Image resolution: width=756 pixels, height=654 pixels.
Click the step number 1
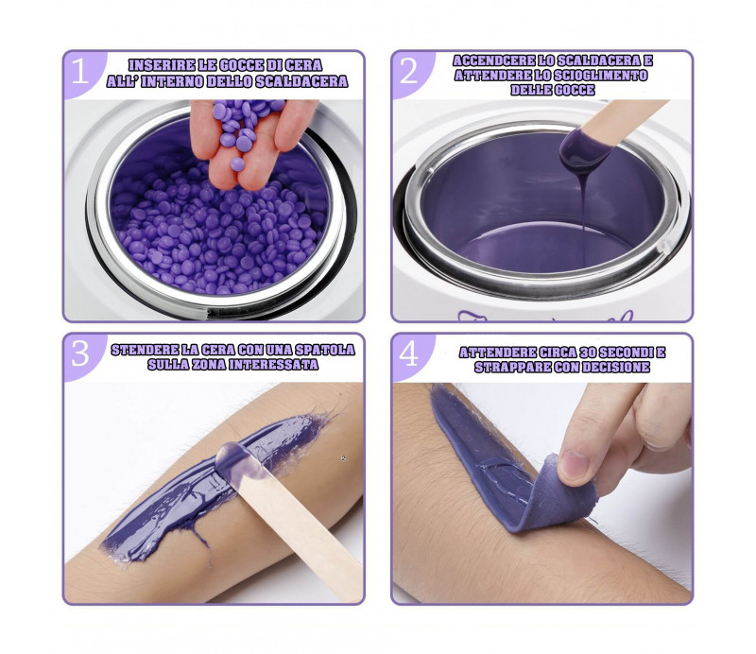[80, 72]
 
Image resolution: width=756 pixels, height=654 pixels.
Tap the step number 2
[408, 72]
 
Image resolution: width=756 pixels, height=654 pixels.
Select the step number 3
[80, 353]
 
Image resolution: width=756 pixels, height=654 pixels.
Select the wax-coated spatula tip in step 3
[236, 459]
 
